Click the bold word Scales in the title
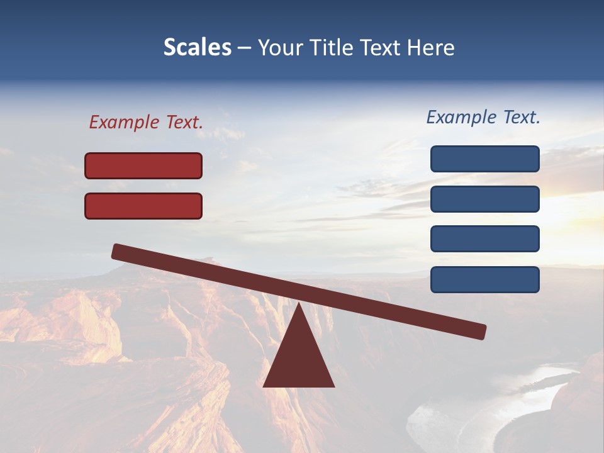point(197,48)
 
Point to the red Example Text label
point(146,122)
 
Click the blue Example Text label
point(483,117)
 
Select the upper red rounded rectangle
point(143,165)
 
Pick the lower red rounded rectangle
point(143,206)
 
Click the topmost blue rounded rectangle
point(485,159)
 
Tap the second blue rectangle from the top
point(485,199)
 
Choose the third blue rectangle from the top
point(485,239)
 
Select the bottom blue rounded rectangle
point(485,279)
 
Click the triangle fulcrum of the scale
point(299,355)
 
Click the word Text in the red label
point(184,122)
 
